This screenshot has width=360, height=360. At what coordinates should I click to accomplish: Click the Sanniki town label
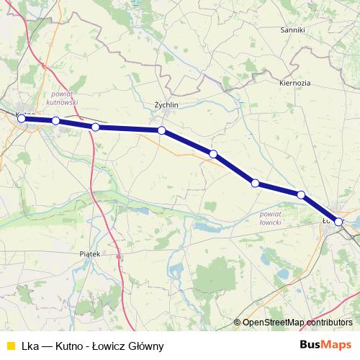(x=294, y=30)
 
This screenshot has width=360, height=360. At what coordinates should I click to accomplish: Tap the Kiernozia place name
(x=294, y=83)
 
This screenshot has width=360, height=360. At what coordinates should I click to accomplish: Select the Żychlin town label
(x=166, y=104)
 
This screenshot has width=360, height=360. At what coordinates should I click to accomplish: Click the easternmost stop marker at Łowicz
(x=338, y=222)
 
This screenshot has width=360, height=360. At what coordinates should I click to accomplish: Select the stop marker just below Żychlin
(x=162, y=130)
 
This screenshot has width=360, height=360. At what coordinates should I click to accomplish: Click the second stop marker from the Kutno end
(x=55, y=121)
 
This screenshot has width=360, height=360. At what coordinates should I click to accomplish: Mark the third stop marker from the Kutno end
(x=95, y=127)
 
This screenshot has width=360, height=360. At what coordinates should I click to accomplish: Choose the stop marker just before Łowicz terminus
(x=301, y=195)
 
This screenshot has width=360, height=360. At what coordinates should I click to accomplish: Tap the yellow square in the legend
(x=9, y=345)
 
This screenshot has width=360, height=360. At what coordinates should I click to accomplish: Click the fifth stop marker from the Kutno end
(x=213, y=153)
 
